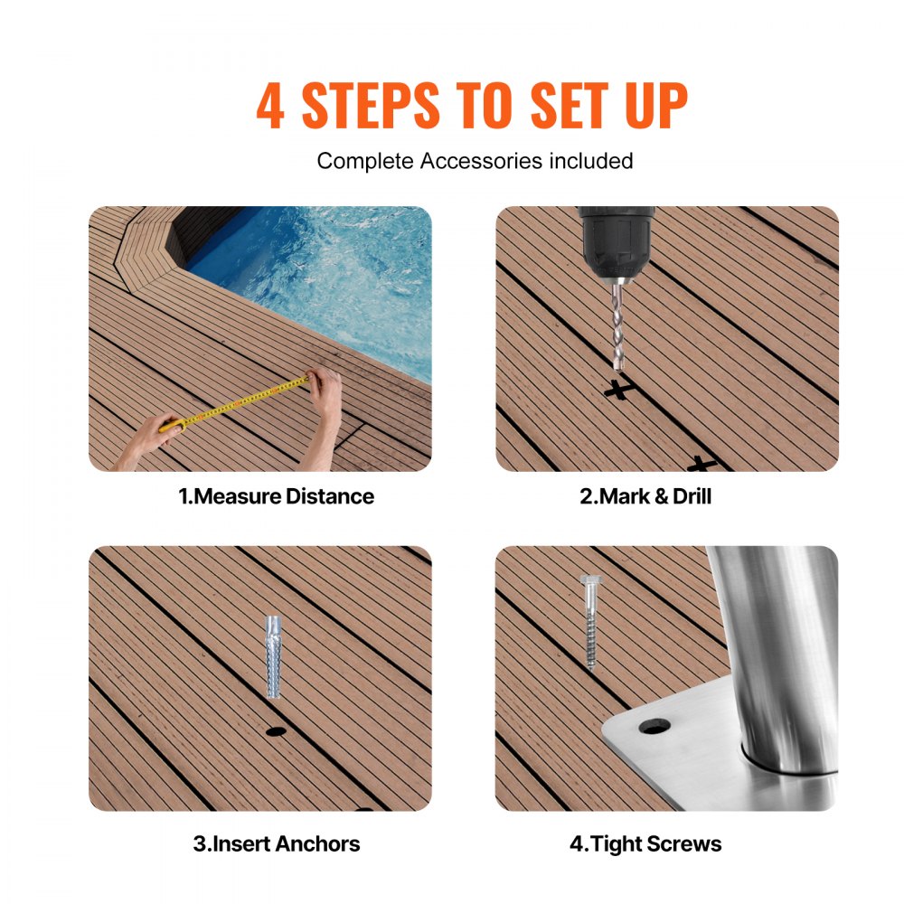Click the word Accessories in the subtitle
point(476,161)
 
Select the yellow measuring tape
point(244,402)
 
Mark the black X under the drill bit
point(617,390)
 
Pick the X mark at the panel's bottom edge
point(701,465)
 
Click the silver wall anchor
point(273,655)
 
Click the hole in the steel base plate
point(654,726)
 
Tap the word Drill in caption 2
point(692,496)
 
